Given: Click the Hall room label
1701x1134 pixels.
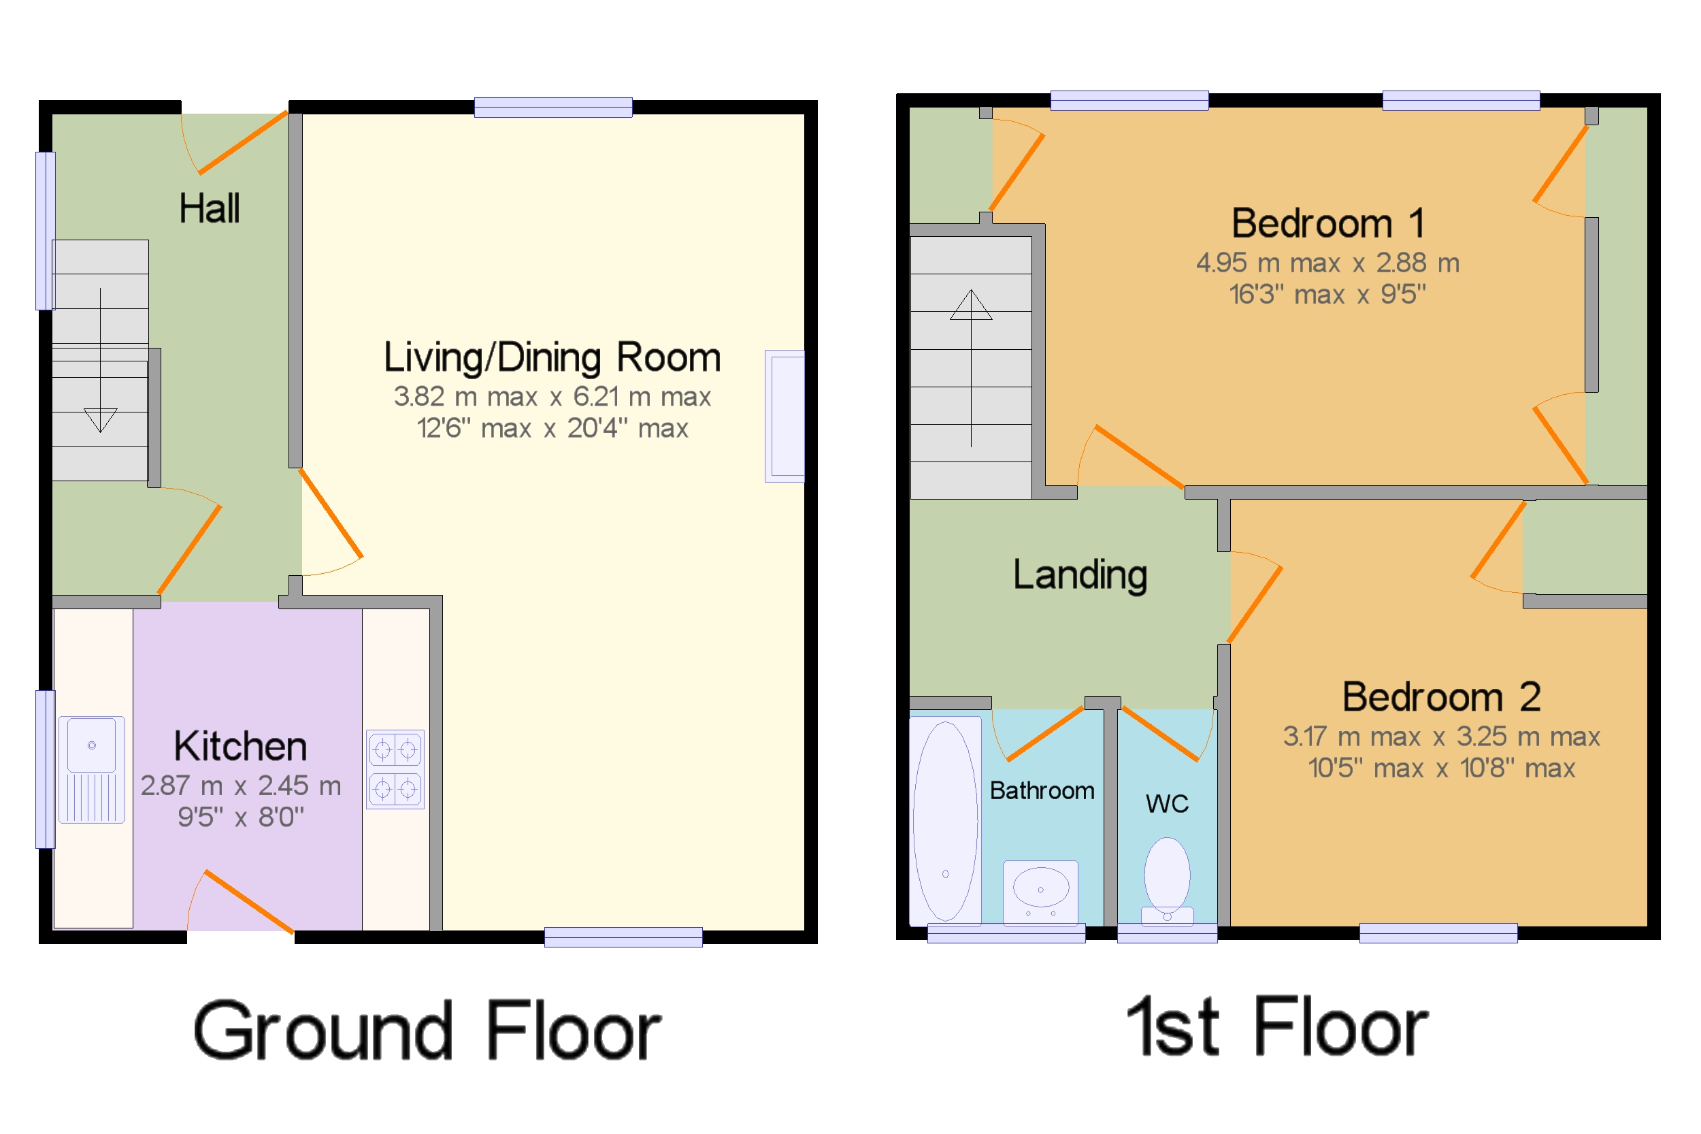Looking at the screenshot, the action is [209, 208].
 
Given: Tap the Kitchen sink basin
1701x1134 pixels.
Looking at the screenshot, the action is [92, 744].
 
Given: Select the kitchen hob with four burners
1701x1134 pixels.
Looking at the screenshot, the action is [395, 769].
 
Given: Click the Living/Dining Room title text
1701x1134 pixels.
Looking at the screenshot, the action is [552, 357].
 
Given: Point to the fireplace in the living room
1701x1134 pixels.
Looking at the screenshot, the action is [785, 416].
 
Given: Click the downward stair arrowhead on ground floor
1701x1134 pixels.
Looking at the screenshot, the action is [101, 420].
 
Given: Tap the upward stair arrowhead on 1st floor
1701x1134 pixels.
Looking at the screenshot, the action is [971, 304].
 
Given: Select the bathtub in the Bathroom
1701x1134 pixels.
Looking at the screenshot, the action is [945, 821].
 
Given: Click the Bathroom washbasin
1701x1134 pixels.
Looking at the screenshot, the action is [1040, 892].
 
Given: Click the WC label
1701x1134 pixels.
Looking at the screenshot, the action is [1167, 803].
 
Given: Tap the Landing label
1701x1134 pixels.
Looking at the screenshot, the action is [1080, 575].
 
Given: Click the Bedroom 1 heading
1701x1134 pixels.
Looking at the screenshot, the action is [1328, 223].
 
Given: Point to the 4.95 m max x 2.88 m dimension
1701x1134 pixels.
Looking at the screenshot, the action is [1328, 263].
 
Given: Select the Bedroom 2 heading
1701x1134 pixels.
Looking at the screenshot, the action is [1442, 696].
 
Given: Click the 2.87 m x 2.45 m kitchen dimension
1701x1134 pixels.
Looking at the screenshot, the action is [241, 785].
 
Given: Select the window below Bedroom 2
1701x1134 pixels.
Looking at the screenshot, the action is [1438, 933].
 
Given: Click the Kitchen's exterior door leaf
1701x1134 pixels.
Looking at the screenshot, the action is [250, 902].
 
